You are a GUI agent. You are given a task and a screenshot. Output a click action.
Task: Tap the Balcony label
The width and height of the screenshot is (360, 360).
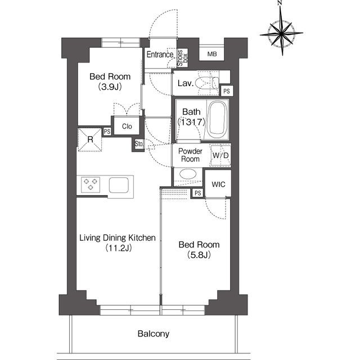(x=154, y=334)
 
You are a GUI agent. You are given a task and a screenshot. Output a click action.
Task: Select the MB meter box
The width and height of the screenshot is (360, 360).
(x=211, y=54)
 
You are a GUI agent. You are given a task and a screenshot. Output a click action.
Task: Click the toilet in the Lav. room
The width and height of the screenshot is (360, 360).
(x=207, y=83)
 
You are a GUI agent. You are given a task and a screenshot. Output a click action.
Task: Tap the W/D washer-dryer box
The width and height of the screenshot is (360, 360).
(x=220, y=155)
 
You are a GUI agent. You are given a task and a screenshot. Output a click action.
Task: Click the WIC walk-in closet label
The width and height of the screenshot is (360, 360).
(x=218, y=184)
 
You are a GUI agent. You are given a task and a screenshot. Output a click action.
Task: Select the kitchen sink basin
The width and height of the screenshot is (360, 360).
(x=119, y=185)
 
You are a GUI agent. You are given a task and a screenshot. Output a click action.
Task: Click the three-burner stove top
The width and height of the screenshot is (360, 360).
(x=91, y=184)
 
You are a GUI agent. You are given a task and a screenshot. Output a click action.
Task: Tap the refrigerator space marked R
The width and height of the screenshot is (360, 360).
(x=90, y=139)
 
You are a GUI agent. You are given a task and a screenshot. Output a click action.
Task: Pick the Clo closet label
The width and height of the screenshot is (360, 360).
(x=127, y=126)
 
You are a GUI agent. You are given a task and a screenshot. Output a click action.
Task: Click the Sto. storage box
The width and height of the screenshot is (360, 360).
(x=139, y=144)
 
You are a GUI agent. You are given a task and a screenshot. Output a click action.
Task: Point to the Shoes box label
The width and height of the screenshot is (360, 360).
(x=182, y=58)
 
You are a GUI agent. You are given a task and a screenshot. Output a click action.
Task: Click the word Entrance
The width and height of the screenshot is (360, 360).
(x=160, y=55)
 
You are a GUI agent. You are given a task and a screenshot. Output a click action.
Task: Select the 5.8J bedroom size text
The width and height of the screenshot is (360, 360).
(x=199, y=255)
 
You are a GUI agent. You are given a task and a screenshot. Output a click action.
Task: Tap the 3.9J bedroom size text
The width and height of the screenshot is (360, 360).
(x=110, y=87)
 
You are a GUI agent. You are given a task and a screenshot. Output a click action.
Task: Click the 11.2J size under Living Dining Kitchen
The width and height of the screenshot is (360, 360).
(x=119, y=248)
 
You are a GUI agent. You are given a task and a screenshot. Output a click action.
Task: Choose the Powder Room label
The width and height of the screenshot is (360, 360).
(x=190, y=155)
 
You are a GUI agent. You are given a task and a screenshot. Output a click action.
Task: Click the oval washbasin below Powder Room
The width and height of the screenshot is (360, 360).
(x=188, y=174)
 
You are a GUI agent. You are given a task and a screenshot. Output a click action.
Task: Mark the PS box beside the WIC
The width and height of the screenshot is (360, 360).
(x=197, y=193)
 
